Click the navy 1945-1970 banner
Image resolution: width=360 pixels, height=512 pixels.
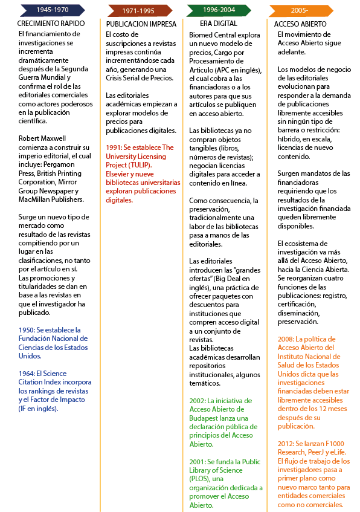click(51, 10)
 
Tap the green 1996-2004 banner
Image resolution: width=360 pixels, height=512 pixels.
click(219, 10)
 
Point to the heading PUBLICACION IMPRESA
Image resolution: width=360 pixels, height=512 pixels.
click(141, 24)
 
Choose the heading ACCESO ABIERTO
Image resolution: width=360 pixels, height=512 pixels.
click(300, 24)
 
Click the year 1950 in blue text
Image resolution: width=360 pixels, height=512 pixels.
click(27, 330)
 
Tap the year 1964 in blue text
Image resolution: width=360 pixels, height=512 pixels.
click(27, 374)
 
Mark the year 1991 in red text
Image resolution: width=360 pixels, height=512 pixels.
click(114, 147)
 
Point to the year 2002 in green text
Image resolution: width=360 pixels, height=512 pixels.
click(198, 400)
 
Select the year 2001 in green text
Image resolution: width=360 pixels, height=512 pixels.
click(198, 462)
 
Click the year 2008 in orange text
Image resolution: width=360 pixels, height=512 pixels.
click(286, 339)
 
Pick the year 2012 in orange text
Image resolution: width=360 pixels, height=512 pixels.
click(286, 444)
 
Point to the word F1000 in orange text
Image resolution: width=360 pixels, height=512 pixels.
click(335, 444)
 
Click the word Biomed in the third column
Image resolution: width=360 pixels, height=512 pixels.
click(203, 36)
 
